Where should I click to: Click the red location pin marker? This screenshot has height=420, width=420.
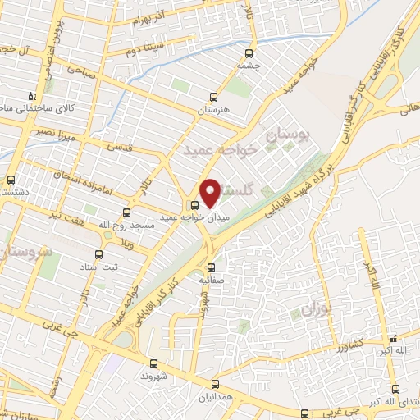210,192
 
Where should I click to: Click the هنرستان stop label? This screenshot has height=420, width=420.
214,109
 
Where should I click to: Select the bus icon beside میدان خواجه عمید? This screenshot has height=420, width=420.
194,205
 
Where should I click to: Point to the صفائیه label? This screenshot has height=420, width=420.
212,279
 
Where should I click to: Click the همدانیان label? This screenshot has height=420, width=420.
215,396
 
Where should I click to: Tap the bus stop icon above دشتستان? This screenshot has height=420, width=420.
11,180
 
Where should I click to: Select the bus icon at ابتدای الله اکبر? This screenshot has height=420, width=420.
395,389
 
